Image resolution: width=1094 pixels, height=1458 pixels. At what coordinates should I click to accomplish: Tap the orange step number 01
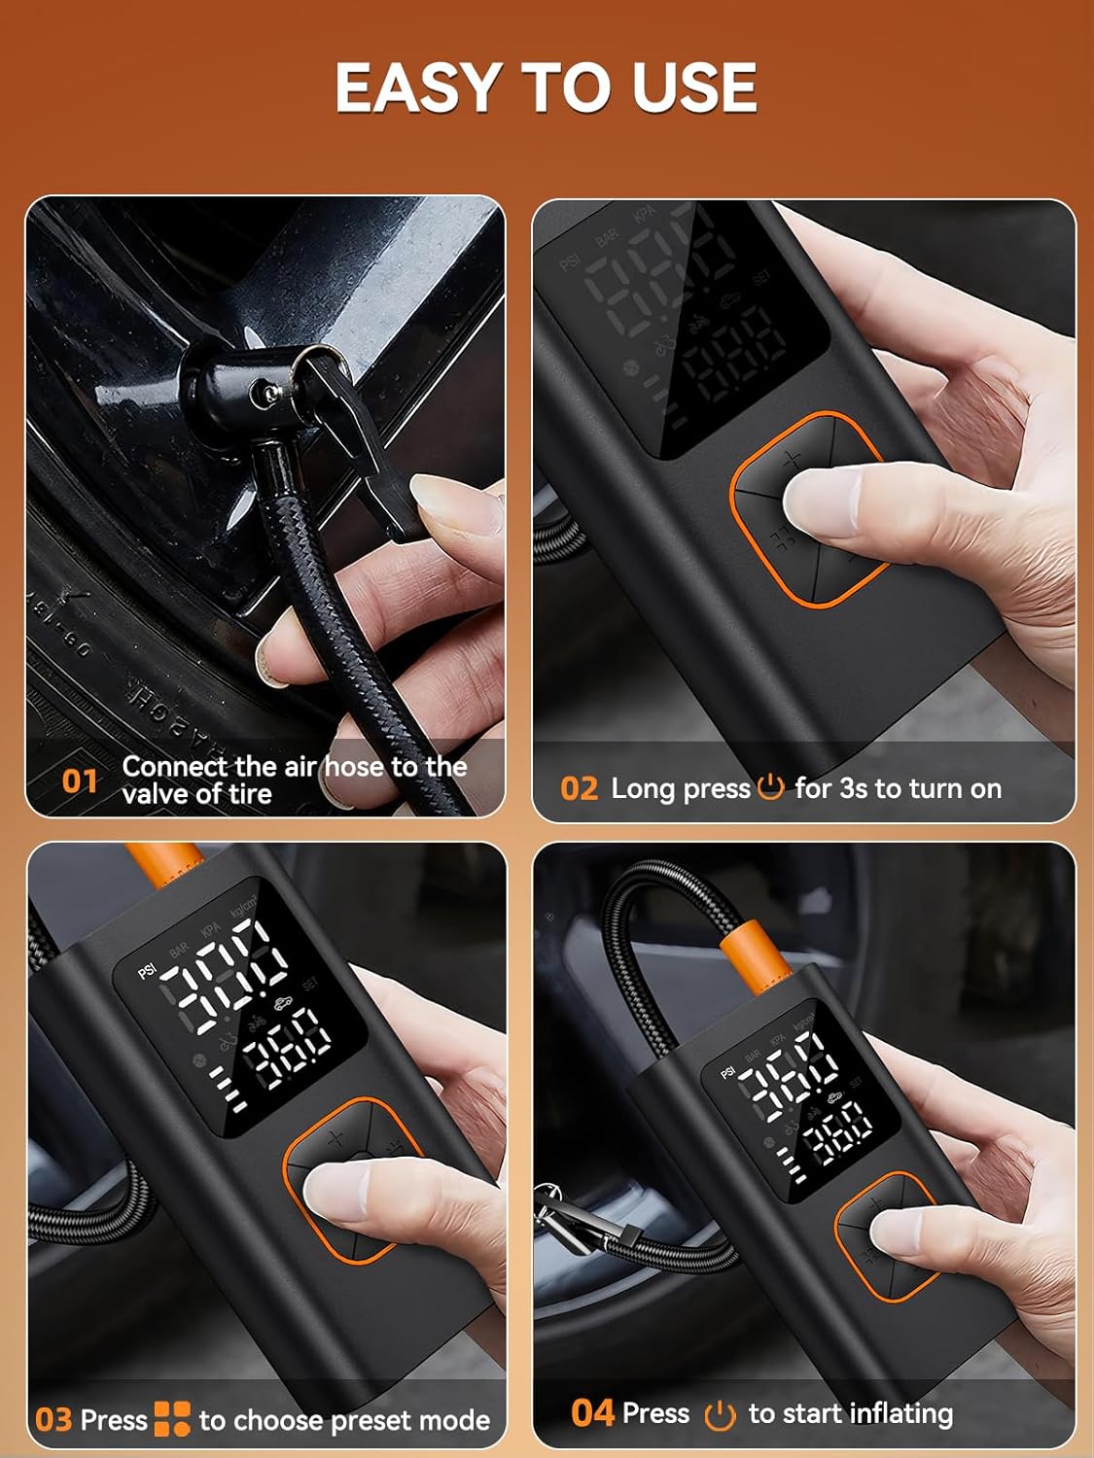[x=80, y=781]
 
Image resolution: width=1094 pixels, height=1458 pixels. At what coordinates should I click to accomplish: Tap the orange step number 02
[x=579, y=788]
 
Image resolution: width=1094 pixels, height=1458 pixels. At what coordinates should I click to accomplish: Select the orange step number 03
[x=53, y=1420]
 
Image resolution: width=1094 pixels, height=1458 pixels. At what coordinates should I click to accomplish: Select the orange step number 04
[x=592, y=1412]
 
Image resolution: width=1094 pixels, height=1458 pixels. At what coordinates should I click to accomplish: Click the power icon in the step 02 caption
[x=770, y=786]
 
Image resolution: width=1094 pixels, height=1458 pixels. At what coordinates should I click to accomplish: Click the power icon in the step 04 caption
[x=719, y=1415]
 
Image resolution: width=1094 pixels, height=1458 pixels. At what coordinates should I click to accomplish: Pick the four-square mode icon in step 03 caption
[x=172, y=1419]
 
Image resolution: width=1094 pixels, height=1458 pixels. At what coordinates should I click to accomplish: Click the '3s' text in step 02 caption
[x=853, y=788]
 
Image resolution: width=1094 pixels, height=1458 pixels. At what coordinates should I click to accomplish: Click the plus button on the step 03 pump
[x=336, y=1139]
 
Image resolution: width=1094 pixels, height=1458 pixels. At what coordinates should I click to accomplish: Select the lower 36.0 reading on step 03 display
[x=286, y=1044]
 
